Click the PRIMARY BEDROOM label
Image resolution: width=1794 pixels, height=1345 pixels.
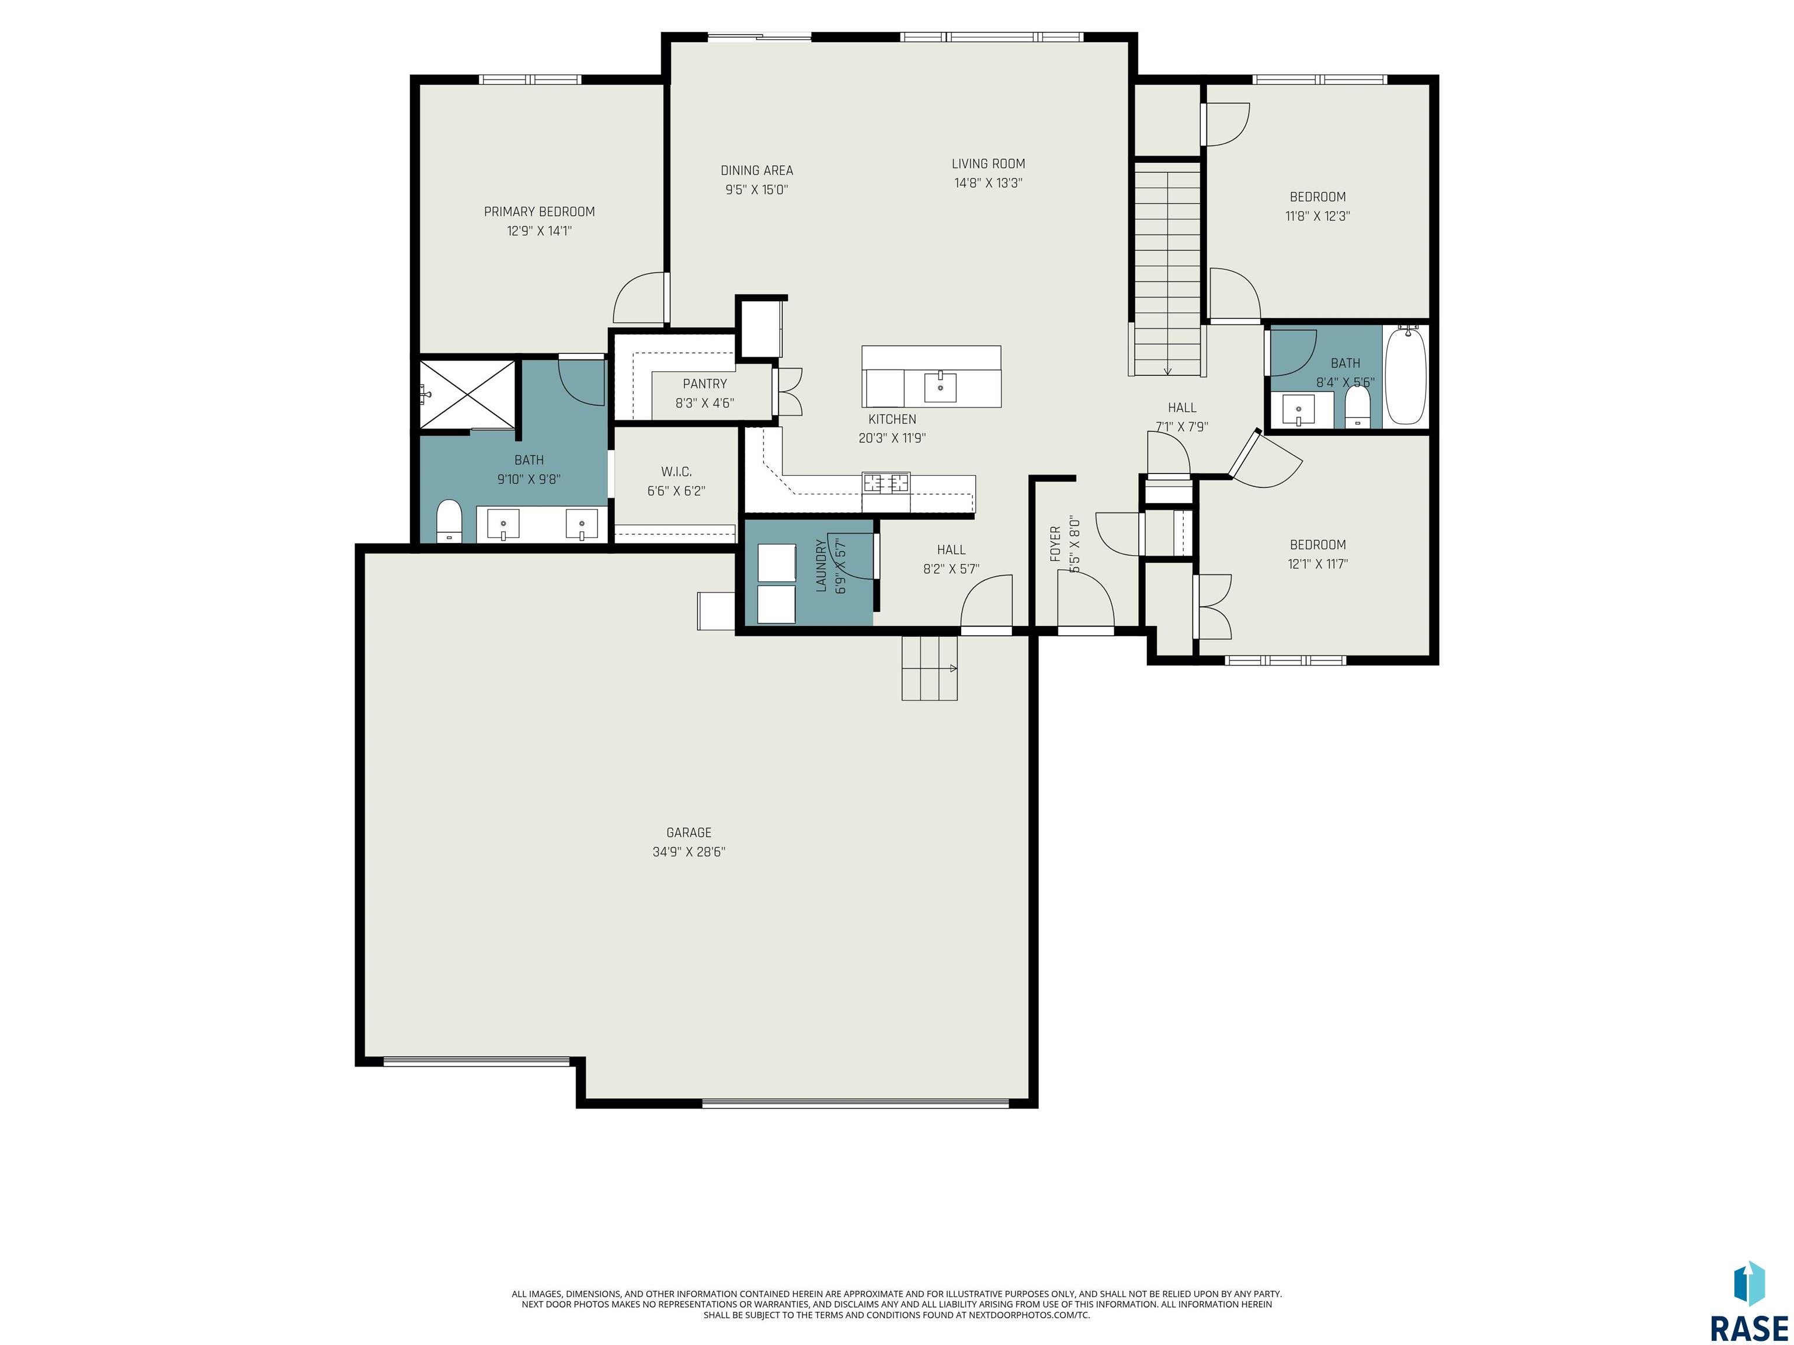pos(540,211)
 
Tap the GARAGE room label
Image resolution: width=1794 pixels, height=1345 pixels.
pos(689,832)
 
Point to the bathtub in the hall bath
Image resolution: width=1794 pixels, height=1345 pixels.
pos(1406,376)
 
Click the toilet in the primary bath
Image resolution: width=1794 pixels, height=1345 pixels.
pos(448,521)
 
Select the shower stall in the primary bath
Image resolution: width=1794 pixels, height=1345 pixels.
pos(467,394)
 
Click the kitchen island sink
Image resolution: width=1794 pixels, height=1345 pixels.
pos(940,388)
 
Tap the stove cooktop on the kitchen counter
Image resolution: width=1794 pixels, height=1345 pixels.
pos(886,483)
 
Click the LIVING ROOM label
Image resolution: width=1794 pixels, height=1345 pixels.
pos(988,164)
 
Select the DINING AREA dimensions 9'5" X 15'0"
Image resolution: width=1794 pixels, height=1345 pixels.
pos(757,190)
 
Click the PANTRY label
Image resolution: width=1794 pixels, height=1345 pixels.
pos(705,384)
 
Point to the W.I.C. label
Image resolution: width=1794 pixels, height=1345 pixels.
pos(676,472)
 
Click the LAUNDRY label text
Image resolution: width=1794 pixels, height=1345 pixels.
pos(820,566)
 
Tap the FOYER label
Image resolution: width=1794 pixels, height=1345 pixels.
pos(1055,544)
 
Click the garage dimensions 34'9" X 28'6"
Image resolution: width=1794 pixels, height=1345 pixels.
pos(689,852)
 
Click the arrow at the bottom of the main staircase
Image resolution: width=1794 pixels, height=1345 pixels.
pos(1167,371)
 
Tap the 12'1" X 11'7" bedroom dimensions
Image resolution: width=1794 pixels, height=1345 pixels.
pos(1318,565)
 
